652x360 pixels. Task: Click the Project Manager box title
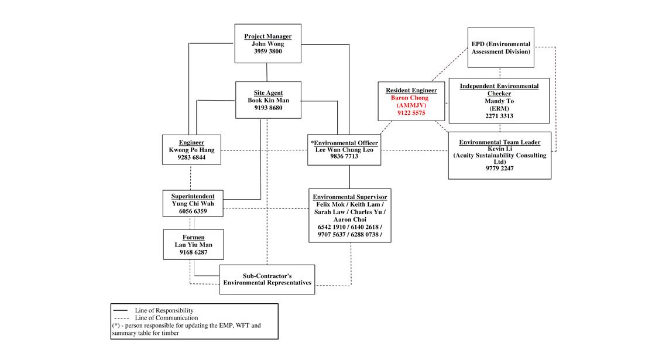click(x=267, y=36)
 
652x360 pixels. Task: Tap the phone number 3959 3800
click(x=267, y=52)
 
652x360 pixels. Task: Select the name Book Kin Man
click(x=268, y=100)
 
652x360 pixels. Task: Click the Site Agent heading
click(x=268, y=92)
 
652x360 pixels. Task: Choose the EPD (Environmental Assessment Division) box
click(x=500, y=48)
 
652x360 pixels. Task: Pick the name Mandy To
click(x=499, y=101)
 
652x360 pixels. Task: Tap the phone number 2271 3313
click(x=499, y=116)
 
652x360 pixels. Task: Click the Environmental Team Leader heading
click(x=499, y=142)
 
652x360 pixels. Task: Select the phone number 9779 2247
click(x=499, y=169)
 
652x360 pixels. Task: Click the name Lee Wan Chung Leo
click(x=344, y=149)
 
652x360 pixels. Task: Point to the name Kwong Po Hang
click(x=191, y=149)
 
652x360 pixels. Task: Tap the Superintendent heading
click(x=193, y=196)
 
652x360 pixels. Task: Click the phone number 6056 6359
click(x=193, y=211)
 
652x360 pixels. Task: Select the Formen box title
click(x=193, y=237)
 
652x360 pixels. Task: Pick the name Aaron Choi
click(x=349, y=219)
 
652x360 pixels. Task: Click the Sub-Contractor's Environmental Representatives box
click(x=267, y=279)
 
